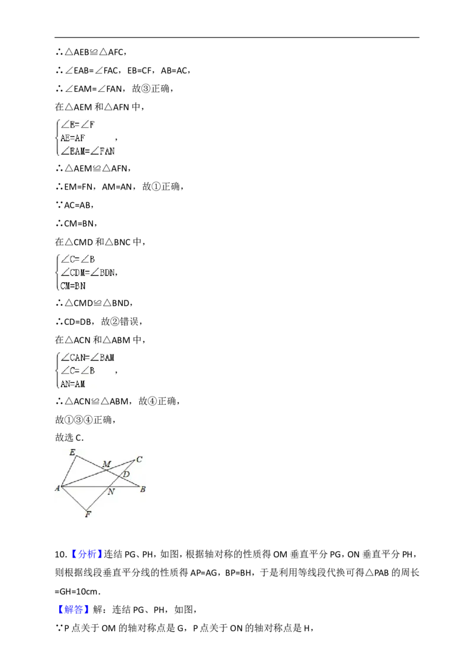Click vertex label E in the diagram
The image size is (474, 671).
pos(72,452)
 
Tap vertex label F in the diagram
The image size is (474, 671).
pos(88,514)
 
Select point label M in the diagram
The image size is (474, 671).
pos(107,464)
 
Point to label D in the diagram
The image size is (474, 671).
pos(126,474)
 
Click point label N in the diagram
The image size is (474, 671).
pos(111,492)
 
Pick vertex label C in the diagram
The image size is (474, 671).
pos(139,459)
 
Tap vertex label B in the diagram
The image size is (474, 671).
pos(143,489)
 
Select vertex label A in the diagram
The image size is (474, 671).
pos(57,488)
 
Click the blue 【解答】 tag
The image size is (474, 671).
pos(72,609)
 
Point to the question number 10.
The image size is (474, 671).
pos(61,555)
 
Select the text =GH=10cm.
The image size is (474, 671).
pos(78,592)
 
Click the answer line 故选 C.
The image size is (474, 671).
pos(69,437)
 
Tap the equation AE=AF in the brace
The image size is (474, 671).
pos(73,138)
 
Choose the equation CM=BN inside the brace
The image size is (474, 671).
pos(73,286)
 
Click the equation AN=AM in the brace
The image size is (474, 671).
pos(73,384)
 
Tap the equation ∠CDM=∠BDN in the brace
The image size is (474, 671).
pos(88,273)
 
